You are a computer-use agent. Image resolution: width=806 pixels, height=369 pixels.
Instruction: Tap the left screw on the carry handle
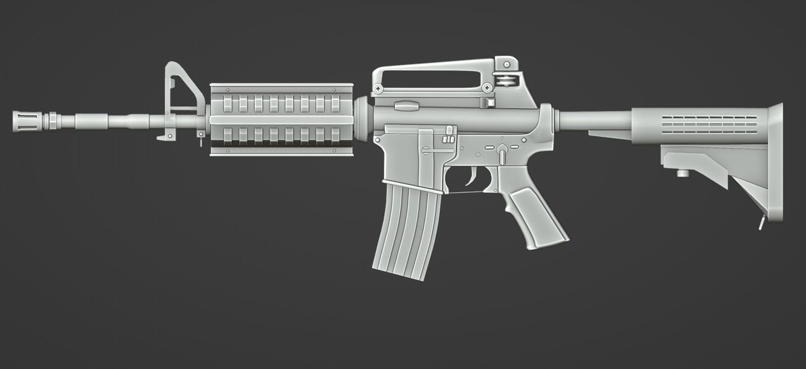pos(379,88)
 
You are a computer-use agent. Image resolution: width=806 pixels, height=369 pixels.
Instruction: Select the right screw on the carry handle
pos(487,87)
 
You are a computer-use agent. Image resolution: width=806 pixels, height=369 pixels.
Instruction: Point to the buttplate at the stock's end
pos(775,162)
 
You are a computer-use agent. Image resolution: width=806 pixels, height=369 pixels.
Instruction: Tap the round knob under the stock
pos(682,172)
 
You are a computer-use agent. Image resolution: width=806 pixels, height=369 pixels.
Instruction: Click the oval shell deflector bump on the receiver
pos(407,105)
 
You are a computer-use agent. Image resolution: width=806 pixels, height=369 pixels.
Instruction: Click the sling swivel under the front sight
pos(200,137)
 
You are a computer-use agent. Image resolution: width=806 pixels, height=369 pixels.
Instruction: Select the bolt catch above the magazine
pos(448,137)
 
